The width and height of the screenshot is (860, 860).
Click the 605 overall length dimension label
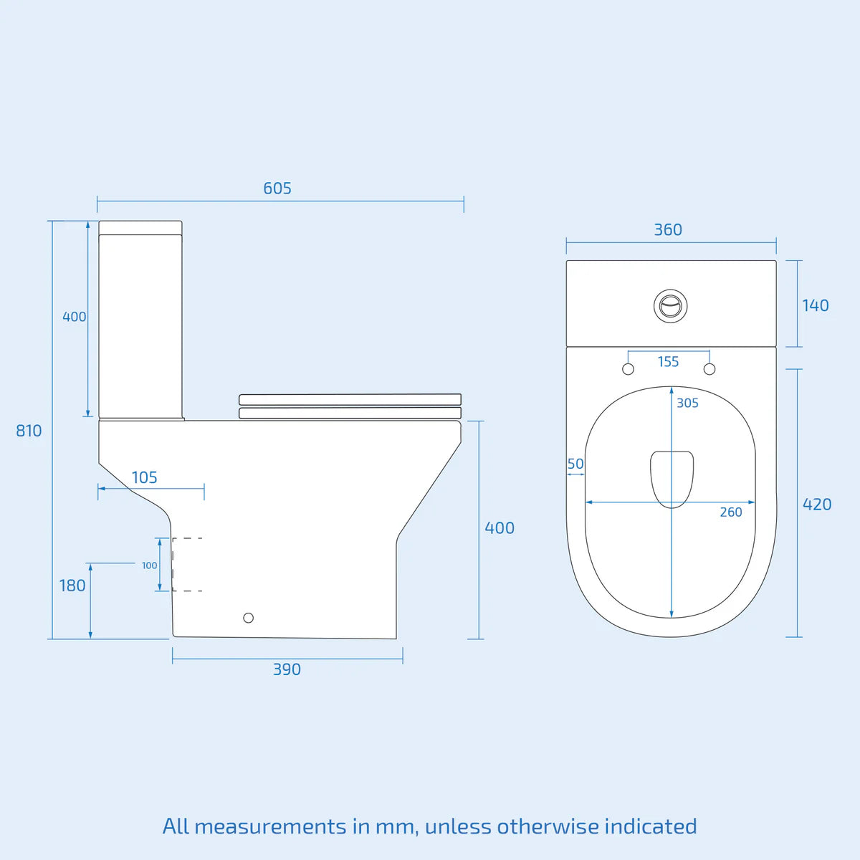[277, 188]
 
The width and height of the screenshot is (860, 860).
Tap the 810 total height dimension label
[29, 431]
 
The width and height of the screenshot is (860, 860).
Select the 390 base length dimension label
[287, 669]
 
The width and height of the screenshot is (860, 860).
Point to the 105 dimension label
[144, 477]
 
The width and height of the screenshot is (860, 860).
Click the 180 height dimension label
[72, 586]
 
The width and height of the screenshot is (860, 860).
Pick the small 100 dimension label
[149, 565]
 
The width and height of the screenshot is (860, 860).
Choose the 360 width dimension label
[668, 230]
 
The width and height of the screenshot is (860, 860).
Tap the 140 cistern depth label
[815, 305]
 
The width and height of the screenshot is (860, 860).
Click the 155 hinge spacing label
[668, 362]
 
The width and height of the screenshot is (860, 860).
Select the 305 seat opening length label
[687, 403]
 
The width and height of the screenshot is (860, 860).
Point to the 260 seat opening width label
[731, 512]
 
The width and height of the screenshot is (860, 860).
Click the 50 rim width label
[575, 464]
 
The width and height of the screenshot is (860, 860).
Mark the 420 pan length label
[817, 505]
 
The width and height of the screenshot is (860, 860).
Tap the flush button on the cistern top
[671, 306]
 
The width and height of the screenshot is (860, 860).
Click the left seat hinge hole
[629, 369]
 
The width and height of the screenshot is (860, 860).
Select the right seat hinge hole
[709, 369]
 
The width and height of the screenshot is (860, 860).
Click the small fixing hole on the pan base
[249, 618]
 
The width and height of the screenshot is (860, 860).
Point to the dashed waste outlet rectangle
[187, 564]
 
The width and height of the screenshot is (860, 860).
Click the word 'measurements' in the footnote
[269, 826]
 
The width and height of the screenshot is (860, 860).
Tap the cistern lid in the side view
[140, 228]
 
